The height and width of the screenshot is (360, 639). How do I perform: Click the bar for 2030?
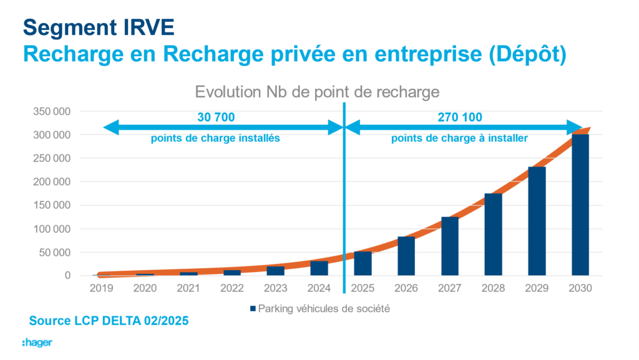(x=580, y=205)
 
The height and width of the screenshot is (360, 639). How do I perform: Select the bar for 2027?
(x=449, y=246)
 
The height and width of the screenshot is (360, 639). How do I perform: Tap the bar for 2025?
(x=363, y=263)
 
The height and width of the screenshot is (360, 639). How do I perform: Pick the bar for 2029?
(x=537, y=221)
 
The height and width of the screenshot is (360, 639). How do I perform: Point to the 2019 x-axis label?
(x=102, y=288)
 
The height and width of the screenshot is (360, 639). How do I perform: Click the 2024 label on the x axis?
(x=319, y=288)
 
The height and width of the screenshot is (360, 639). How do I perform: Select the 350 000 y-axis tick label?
(x=52, y=111)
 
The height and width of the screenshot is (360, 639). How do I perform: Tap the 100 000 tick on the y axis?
(x=52, y=229)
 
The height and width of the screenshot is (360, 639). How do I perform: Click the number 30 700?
(x=216, y=117)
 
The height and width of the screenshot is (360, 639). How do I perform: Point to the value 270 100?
(x=460, y=117)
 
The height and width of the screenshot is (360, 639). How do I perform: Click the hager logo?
(x=37, y=343)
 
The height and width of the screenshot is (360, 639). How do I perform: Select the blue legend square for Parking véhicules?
(x=253, y=309)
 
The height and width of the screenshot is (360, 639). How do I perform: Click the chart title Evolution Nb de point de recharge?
(x=317, y=92)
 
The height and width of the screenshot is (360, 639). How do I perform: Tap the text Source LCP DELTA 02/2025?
(x=109, y=321)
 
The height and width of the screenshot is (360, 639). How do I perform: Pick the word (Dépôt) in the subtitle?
(x=528, y=54)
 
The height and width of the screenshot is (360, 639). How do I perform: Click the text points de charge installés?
(x=215, y=139)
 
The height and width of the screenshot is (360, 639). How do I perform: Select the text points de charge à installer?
(x=459, y=139)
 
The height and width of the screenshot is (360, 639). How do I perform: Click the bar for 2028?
(x=493, y=235)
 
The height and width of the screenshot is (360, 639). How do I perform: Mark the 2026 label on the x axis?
(x=406, y=288)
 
